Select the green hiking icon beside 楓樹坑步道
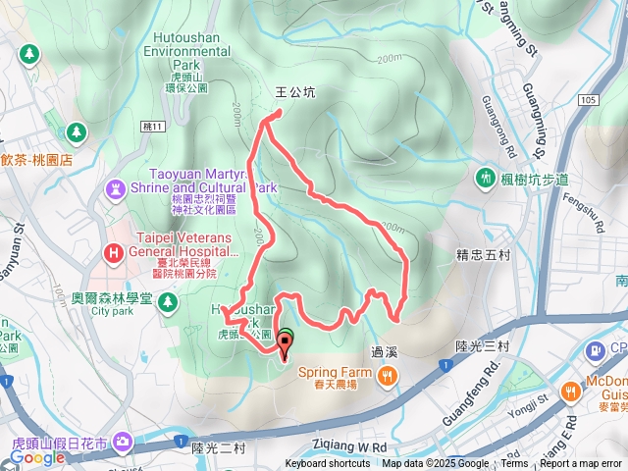click(x=485, y=177)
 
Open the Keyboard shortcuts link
click(x=328, y=464)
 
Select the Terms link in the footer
click(x=514, y=464)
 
